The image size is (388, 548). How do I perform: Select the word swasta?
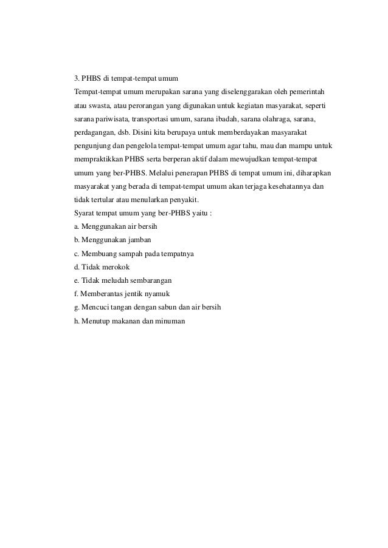91,105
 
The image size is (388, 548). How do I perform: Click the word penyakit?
190,200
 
